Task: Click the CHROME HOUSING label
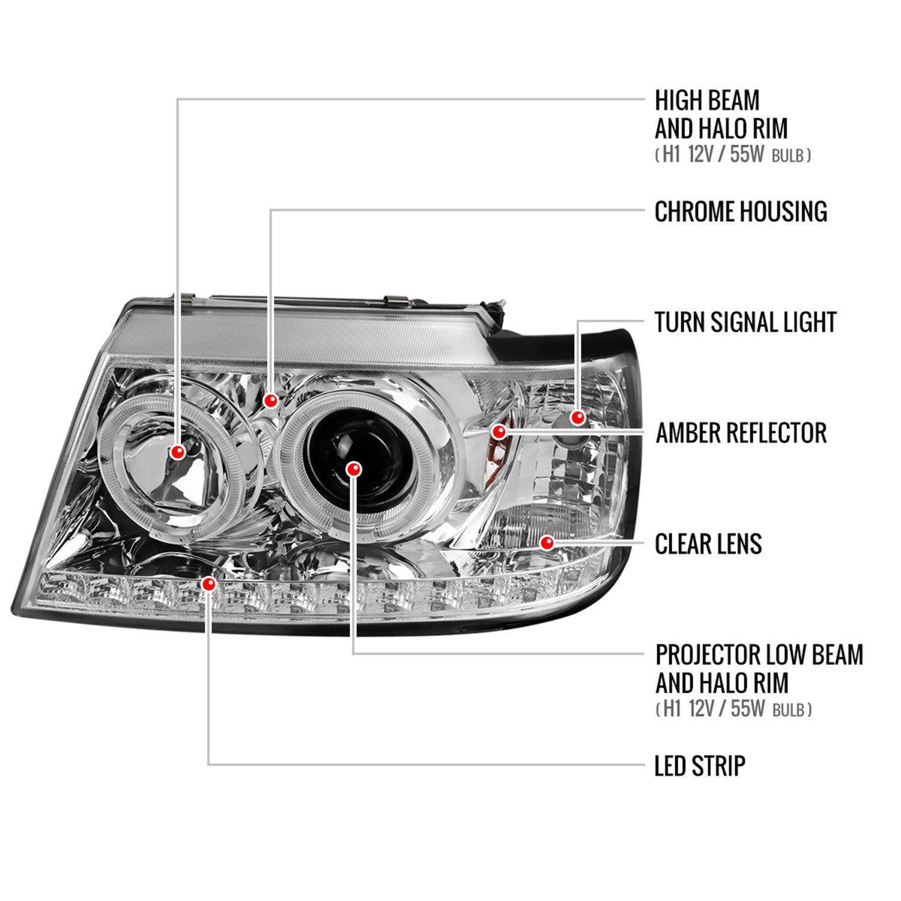(740, 211)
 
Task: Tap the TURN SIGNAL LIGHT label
(745, 322)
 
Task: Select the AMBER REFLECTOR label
(741, 433)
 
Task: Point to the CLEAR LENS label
(708, 544)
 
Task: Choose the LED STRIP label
(699, 766)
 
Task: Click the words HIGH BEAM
(707, 100)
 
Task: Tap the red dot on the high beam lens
(178, 452)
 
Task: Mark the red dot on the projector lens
(354, 469)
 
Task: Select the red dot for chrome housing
(271, 400)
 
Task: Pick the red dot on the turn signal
(578, 417)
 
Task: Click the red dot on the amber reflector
(499, 431)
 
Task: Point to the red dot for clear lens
(547, 543)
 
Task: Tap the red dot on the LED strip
(208, 583)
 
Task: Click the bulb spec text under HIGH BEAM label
(732, 155)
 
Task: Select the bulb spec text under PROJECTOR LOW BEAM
(733, 709)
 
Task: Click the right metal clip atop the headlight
(396, 300)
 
